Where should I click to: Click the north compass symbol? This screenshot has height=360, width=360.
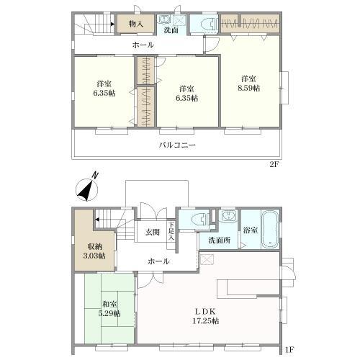pos(87,189)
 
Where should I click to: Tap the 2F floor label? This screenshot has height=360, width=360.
pos(274,165)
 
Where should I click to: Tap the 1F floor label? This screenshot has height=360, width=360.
pos(289,349)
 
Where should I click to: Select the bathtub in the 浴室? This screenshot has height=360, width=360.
pos(270,230)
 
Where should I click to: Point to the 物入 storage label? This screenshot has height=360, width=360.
pos(136,24)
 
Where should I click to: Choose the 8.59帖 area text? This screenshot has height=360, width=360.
pos(249,88)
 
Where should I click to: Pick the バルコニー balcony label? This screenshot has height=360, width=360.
pos(177,145)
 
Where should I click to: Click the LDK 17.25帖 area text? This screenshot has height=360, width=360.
pos(206,316)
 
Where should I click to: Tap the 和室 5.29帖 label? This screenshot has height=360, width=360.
pos(109,309)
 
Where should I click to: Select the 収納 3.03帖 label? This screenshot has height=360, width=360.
pos(94,251)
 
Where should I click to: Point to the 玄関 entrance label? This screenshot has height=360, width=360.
pos(153,232)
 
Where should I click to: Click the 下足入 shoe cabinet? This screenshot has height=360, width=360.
pos(171,235)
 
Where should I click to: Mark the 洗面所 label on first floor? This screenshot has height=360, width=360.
pos(220,240)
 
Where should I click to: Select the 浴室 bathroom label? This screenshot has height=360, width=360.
pos(251,230)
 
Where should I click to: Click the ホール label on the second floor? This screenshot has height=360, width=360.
pos(143,45)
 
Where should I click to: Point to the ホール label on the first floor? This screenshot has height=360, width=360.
pos(158,261)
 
